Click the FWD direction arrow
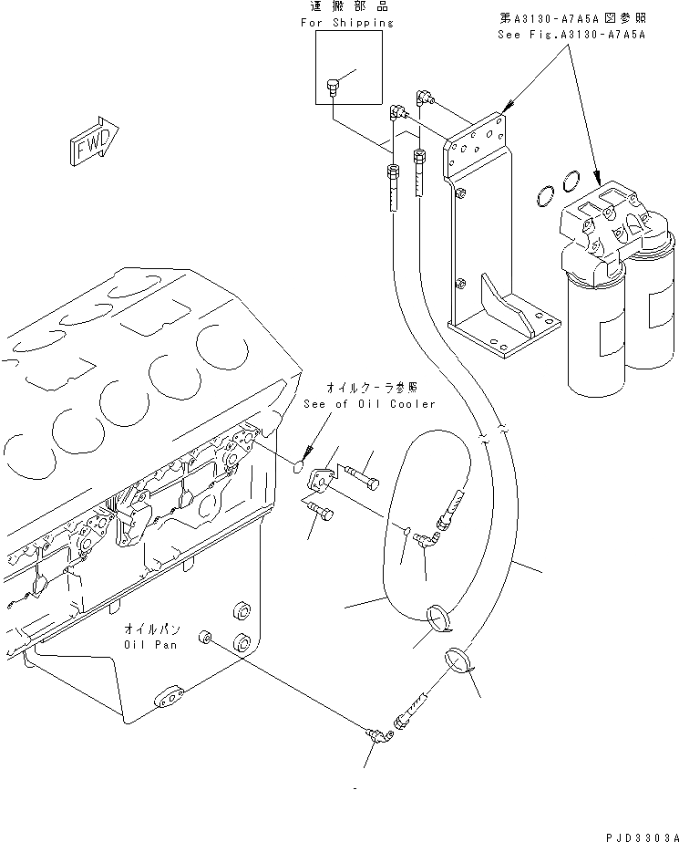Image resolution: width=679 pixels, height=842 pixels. [92, 140]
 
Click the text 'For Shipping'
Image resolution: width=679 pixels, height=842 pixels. [347, 22]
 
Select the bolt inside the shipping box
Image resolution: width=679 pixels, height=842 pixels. [334, 88]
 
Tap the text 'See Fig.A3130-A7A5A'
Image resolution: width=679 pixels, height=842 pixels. [571, 34]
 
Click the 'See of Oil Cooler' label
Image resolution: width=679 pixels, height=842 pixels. [369, 404]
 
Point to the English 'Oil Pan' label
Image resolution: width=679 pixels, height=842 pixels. [151, 644]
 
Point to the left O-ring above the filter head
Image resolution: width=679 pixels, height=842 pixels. [544, 194]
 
